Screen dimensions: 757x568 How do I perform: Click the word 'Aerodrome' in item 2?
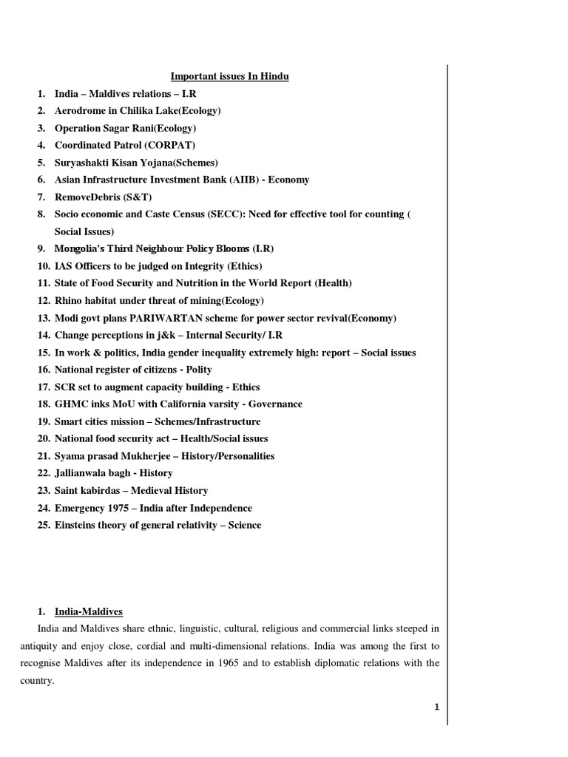pos(79,111)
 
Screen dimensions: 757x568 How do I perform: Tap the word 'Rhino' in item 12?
pos(68,301)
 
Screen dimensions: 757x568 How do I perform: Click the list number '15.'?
pos(44,353)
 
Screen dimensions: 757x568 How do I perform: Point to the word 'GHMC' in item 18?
pos(70,404)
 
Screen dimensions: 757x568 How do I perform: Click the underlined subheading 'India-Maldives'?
pos(88,611)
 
